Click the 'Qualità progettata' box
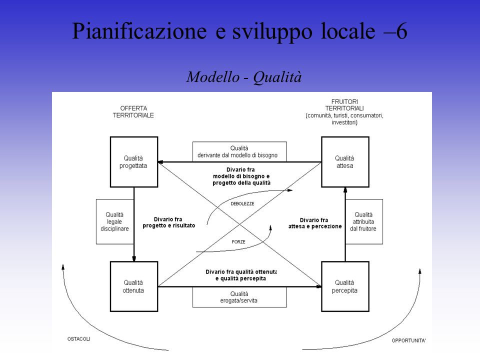[x=134, y=162]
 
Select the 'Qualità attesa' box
[x=345, y=162]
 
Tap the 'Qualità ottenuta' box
[x=134, y=286]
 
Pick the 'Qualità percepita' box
[x=345, y=286]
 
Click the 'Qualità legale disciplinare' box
[x=115, y=221]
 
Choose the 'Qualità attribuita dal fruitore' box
[x=364, y=221]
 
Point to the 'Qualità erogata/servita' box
[x=239, y=297]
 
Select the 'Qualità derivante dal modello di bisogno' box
[x=239, y=151]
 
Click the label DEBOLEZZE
[x=242, y=203]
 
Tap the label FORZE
[x=238, y=242]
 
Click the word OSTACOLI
[x=79, y=339]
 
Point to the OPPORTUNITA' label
[x=408, y=340]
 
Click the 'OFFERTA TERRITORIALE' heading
[x=133, y=111]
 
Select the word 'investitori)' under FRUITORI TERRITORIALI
[x=344, y=122]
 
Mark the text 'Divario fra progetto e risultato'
[x=168, y=222]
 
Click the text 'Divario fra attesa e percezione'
[x=314, y=223]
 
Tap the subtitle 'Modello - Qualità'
[x=244, y=77]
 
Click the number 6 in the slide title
[x=401, y=31]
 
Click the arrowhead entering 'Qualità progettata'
[x=160, y=162]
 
